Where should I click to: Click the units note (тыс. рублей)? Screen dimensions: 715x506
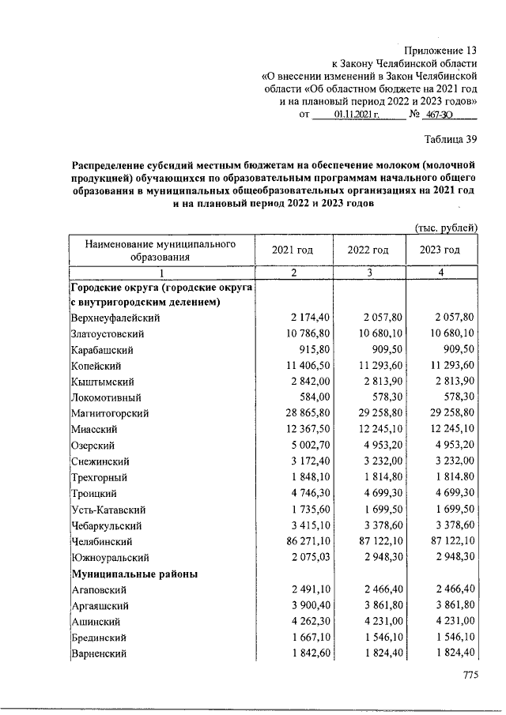[x=446, y=228]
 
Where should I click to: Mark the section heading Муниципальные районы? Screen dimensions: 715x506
[x=134, y=574]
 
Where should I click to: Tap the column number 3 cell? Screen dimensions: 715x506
[x=368, y=273]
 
